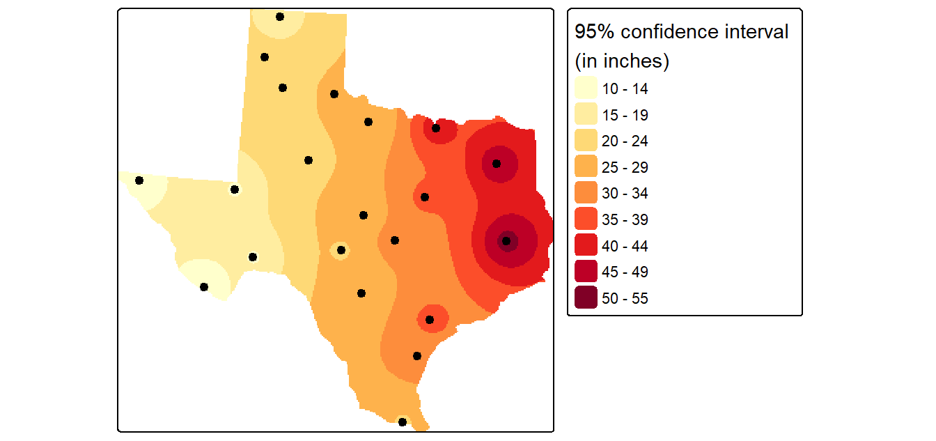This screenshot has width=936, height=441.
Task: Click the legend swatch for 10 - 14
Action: [x=586, y=88]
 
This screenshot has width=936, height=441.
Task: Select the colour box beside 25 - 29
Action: [x=586, y=167]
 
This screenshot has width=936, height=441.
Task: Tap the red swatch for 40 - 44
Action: [x=586, y=245]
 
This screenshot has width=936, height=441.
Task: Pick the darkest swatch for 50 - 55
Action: [x=586, y=297]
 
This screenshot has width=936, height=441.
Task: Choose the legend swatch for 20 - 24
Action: [x=586, y=140]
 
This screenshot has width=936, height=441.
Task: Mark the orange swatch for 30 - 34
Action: [x=586, y=192]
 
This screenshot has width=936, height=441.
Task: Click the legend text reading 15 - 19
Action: [x=625, y=115]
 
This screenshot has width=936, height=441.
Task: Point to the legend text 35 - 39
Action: [x=625, y=219]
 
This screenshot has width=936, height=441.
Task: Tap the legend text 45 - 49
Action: [x=625, y=272]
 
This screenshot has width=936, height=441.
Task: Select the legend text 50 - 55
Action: [x=625, y=298]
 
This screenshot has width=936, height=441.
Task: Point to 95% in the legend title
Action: [x=595, y=32]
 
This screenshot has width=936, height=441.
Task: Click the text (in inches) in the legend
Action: [x=622, y=61]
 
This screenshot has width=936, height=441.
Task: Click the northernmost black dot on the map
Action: [x=280, y=17]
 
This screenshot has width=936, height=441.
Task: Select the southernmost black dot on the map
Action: [x=403, y=421]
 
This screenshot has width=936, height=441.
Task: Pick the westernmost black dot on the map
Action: [x=139, y=180]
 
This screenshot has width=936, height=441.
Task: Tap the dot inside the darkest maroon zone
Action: [x=506, y=241]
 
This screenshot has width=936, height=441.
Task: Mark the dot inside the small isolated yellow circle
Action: [x=341, y=250]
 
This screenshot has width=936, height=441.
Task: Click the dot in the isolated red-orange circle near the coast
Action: [x=430, y=320]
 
